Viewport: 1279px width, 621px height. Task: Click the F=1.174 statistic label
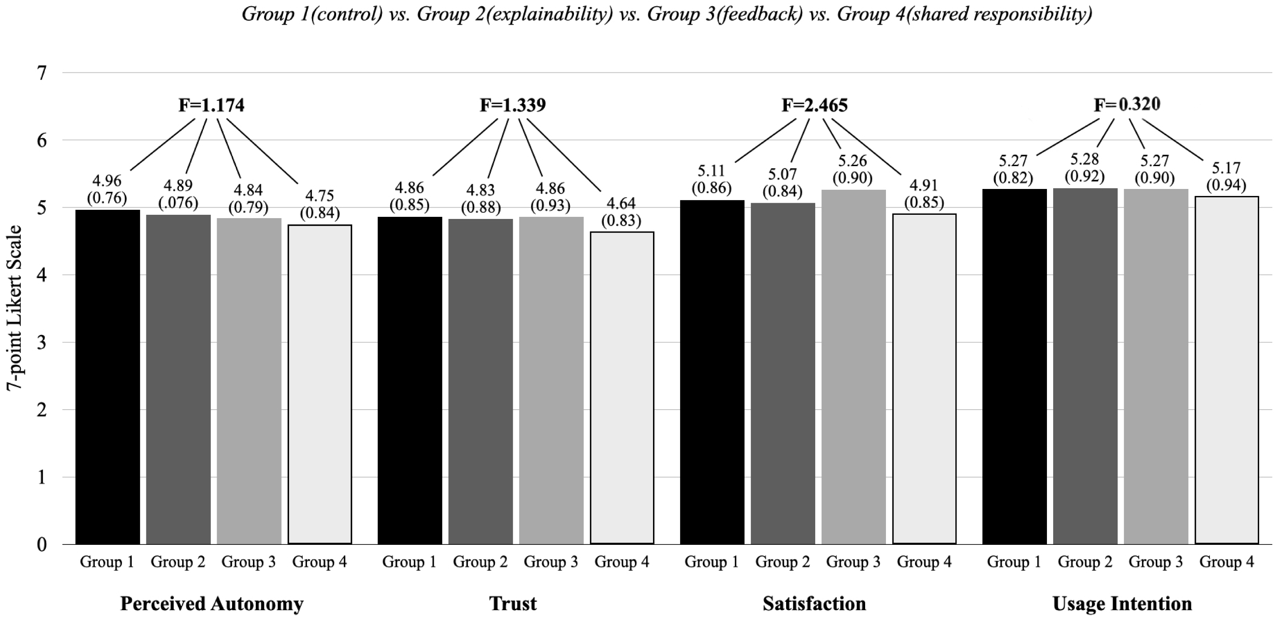[x=211, y=105]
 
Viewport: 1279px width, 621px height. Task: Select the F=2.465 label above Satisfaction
[x=814, y=105]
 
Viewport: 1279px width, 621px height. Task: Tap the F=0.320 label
[x=1127, y=104]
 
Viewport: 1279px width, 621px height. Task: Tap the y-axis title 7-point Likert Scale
[x=15, y=308]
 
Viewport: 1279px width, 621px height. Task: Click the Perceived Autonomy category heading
[x=212, y=604]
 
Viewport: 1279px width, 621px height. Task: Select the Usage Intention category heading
[x=1122, y=604]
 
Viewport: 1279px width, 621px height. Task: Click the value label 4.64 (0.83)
[x=621, y=211]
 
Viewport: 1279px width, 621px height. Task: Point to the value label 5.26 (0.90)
[x=853, y=169]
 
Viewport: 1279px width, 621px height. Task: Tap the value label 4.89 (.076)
[x=178, y=194]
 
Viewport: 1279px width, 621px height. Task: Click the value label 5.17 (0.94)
[x=1226, y=176]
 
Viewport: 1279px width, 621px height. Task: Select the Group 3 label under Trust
[x=551, y=562]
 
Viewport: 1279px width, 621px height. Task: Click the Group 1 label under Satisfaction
[x=712, y=562]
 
